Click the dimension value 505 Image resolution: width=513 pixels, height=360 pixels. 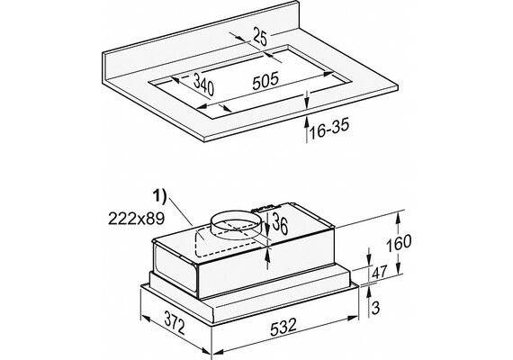click(265, 80)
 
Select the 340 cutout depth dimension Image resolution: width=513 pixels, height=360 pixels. click(203, 85)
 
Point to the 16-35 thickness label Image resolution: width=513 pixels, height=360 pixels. click(329, 129)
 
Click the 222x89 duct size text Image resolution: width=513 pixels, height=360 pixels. click(137, 219)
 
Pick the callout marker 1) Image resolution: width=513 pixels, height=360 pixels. click(159, 197)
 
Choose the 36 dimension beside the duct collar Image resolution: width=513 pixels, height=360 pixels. click(280, 223)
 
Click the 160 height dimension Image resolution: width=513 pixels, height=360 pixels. click(399, 243)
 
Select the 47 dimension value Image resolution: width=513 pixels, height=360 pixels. click(380, 272)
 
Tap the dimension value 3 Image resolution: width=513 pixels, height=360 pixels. click(376, 308)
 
